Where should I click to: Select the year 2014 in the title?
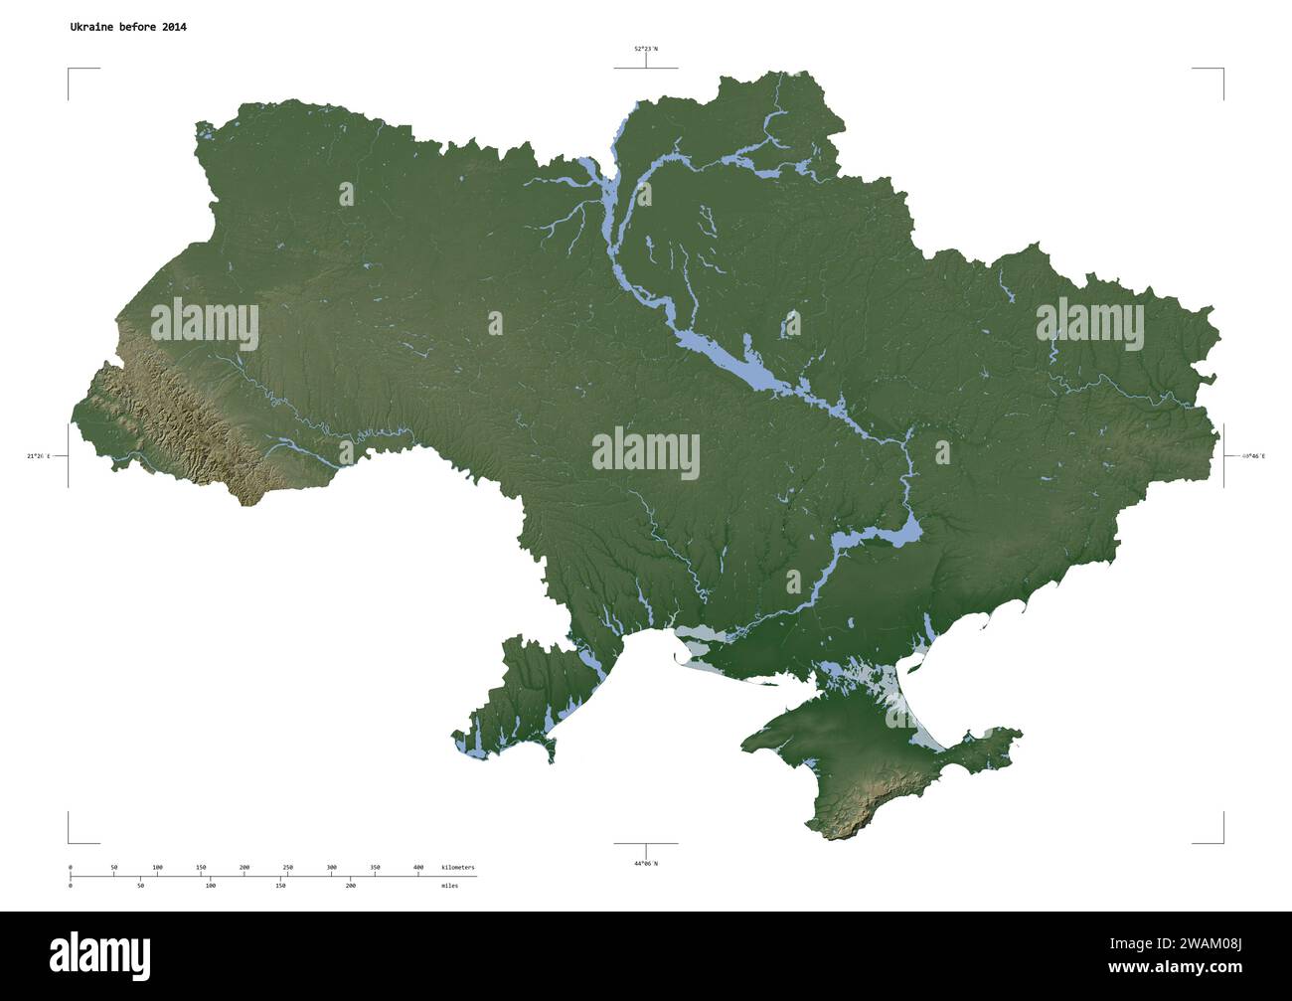point(172,27)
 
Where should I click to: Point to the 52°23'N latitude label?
point(646,48)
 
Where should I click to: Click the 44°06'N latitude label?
point(646,863)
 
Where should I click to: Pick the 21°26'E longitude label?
point(39,456)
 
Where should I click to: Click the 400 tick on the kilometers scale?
point(418,868)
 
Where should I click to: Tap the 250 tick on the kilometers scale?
point(288,868)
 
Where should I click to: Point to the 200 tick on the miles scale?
point(350,885)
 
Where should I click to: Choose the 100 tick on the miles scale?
point(210,885)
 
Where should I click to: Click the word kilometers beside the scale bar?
point(458,868)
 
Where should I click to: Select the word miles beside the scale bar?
point(450,885)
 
